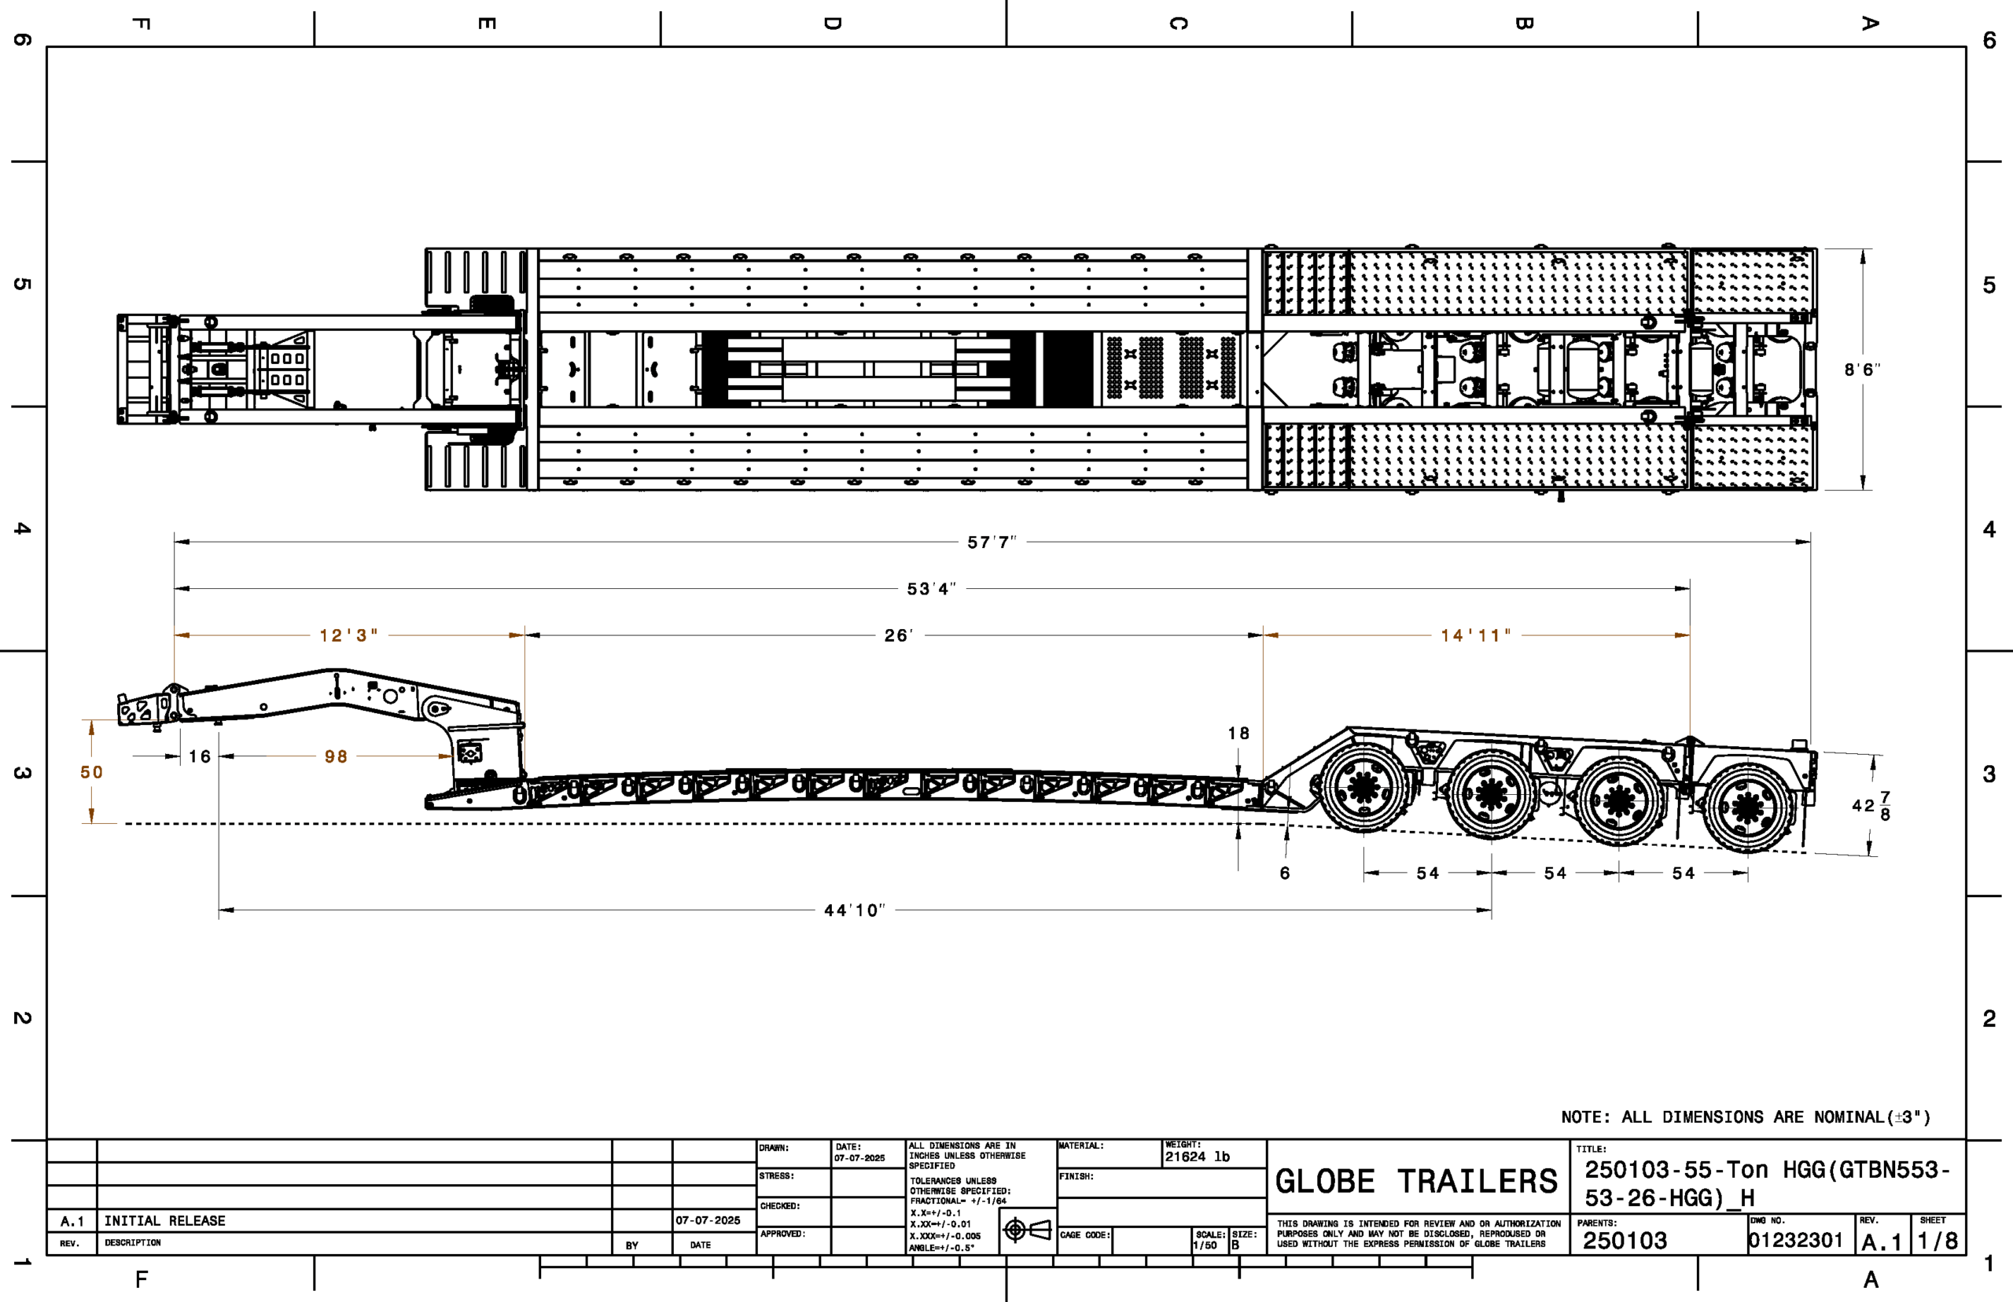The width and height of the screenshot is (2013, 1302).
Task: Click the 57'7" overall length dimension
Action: click(x=992, y=542)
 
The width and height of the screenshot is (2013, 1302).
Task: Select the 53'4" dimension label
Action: click(x=931, y=588)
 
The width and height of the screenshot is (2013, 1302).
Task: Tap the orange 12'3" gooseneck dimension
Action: click(x=348, y=635)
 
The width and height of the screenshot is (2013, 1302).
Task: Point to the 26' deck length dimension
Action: click(x=899, y=635)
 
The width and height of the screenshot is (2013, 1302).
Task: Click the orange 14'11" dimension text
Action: click(x=1475, y=635)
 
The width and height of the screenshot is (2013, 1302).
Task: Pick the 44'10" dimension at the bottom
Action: click(x=855, y=910)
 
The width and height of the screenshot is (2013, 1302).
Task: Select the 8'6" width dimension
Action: click(x=1862, y=370)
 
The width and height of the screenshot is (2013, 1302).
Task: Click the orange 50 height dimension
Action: click(x=91, y=772)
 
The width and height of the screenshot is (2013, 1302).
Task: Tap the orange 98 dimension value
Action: click(x=336, y=756)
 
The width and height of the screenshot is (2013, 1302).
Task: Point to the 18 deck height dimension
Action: click(x=1238, y=733)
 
